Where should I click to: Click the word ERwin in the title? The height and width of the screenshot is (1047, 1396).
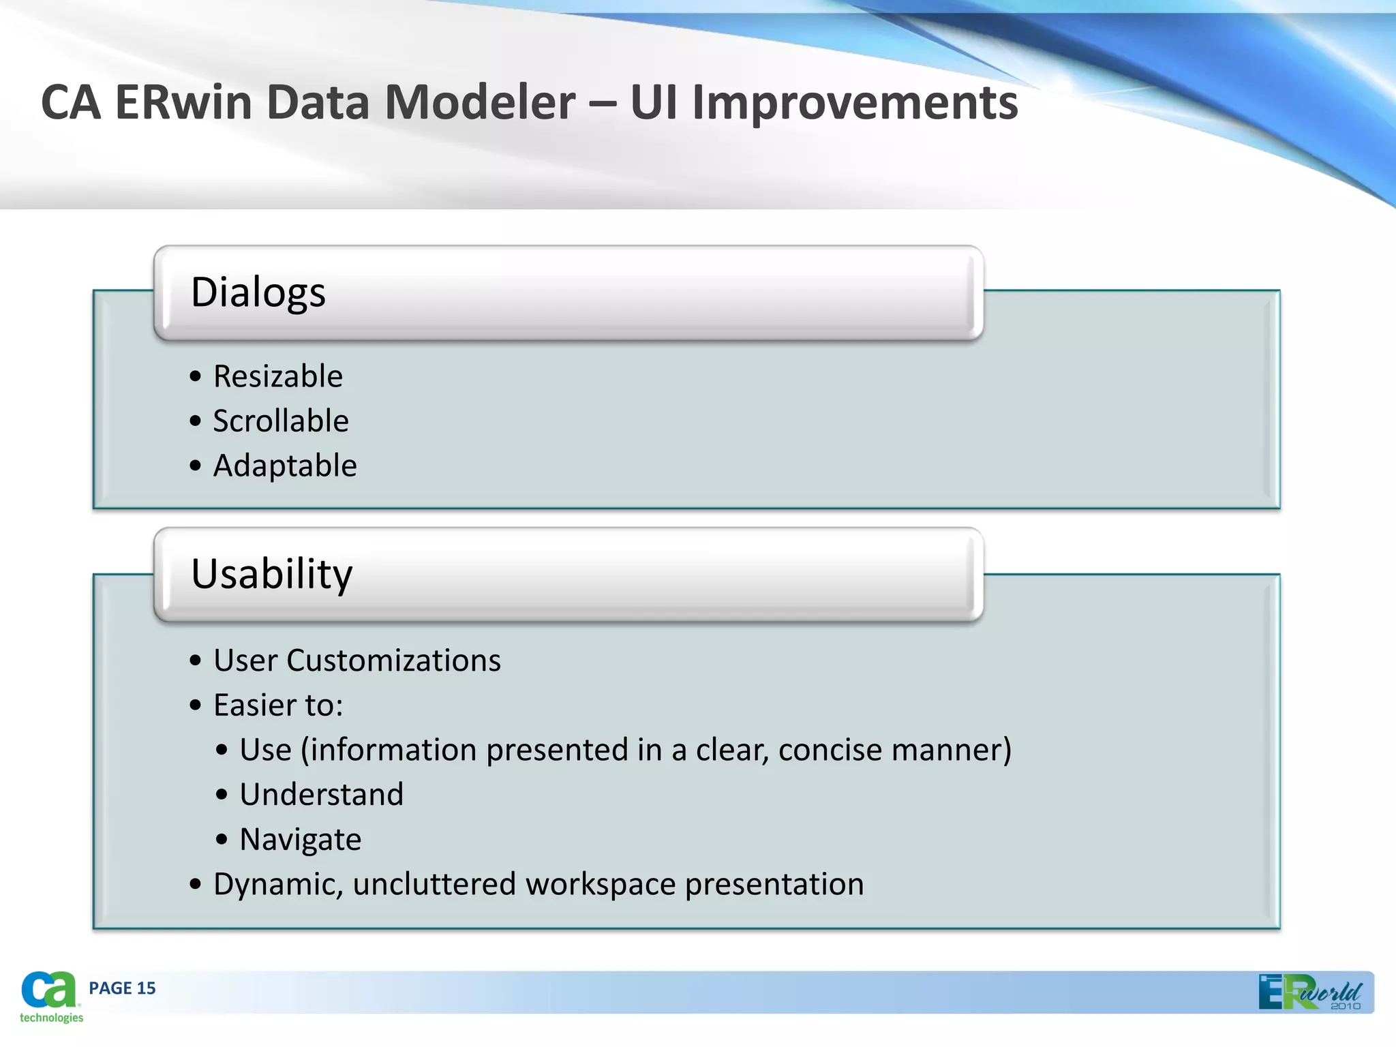pyautogui.click(x=184, y=103)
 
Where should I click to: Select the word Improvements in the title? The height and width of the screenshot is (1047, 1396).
pyautogui.click(x=855, y=103)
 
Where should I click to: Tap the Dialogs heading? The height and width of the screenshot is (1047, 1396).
pyautogui.click(x=258, y=292)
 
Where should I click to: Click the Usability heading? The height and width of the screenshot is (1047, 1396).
pyautogui.click(x=271, y=574)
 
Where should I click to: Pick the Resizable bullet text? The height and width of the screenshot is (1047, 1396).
pyautogui.click(x=277, y=376)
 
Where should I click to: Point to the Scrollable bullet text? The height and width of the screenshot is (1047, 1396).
pyautogui.click(x=280, y=421)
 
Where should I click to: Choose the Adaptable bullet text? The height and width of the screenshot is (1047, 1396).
pyautogui.click(x=284, y=466)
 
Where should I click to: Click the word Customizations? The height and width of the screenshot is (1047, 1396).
pyautogui.click(x=393, y=661)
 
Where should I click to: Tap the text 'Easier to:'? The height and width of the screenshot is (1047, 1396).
pyautogui.click(x=277, y=705)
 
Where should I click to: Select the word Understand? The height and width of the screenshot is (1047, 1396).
pyautogui.click(x=321, y=795)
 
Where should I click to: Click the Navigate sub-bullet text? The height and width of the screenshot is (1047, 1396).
pyautogui.click(x=300, y=840)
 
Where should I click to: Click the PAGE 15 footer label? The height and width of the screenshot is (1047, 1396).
pyautogui.click(x=122, y=988)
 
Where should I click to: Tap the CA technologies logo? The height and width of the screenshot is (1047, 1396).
pyautogui.click(x=50, y=997)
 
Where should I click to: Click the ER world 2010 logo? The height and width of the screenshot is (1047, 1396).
pyautogui.click(x=1309, y=992)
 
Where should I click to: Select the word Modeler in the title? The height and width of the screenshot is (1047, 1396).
pyautogui.click(x=480, y=103)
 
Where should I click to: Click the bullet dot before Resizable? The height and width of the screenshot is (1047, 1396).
pyautogui.click(x=196, y=377)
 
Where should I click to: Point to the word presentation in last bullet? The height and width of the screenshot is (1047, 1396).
pyautogui.click(x=774, y=885)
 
